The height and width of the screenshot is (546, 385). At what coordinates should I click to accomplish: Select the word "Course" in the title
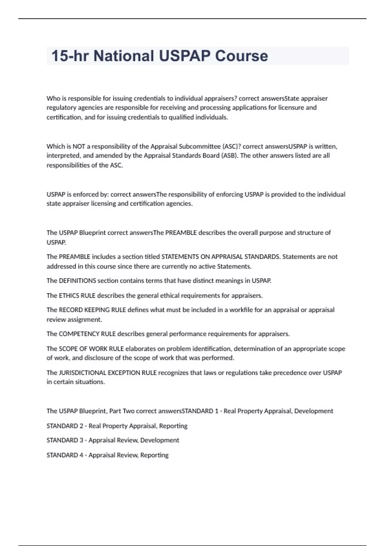click(241, 56)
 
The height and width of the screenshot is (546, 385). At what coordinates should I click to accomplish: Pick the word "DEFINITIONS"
click(77, 281)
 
